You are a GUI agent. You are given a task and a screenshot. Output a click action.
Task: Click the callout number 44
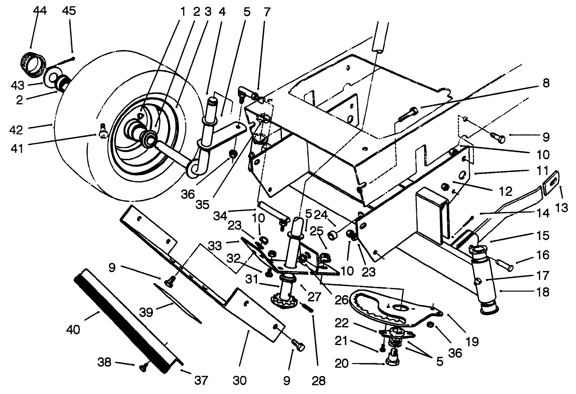coord(40,11)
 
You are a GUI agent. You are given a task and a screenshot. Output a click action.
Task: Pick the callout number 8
coord(545,83)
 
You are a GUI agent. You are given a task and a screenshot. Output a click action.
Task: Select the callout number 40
coord(73,329)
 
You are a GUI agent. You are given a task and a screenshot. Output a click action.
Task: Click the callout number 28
coord(319,380)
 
